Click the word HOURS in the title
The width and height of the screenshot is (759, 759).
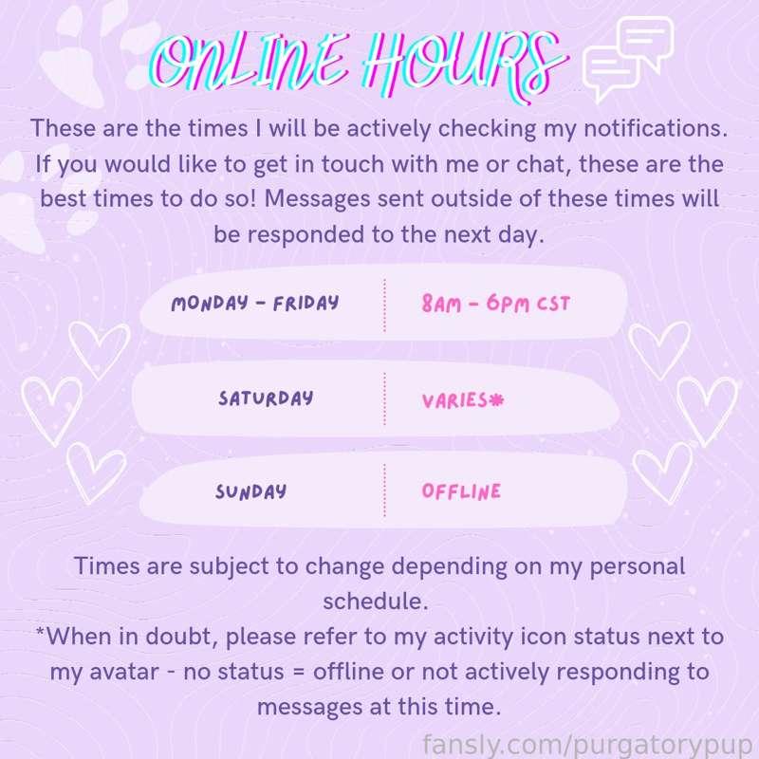[x=464, y=65]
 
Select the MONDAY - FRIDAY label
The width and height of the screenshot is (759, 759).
[x=255, y=304]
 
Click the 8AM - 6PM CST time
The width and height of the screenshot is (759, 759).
[x=495, y=304]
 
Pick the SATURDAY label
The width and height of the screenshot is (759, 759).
[x=266, y=398]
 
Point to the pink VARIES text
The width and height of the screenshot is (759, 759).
[x=454, y=400]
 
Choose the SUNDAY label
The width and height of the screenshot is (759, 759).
[x=250, y=491]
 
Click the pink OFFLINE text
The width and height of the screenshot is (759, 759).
[x=461, y=491]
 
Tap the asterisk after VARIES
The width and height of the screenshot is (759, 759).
[x=496, y=399]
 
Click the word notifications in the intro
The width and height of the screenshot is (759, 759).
[x=656, y=128]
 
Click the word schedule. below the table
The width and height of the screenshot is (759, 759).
[x=376, y=602]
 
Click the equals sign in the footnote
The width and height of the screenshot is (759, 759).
[x=298, y=673]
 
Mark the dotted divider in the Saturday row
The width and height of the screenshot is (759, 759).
[x=384, y=398]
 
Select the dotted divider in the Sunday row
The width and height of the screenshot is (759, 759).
[x=384, y=491]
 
